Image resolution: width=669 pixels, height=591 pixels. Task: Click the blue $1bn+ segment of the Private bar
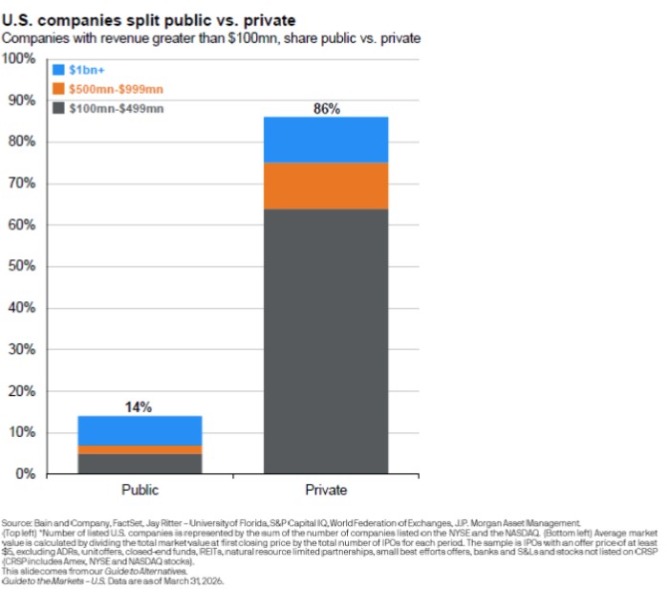(326, 140)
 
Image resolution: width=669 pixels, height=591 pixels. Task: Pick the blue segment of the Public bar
(140, 430)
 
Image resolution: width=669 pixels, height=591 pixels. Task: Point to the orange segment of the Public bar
(140, 449)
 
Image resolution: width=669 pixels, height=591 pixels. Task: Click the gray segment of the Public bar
(140, 464)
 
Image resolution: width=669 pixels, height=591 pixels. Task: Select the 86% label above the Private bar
(327, 108)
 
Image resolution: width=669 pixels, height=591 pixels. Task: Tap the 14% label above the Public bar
(140, 406)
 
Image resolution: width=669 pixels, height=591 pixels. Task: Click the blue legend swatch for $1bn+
(59, 70)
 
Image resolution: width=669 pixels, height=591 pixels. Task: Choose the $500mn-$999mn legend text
(117, 89)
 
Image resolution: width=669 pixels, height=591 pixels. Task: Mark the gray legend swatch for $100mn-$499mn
(59, 108)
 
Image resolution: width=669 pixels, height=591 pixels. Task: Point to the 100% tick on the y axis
(20, 59)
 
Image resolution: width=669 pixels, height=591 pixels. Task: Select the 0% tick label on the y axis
(26, 474)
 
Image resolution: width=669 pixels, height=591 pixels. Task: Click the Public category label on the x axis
(140, 492)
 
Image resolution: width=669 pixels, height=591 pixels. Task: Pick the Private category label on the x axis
(327, 492)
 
